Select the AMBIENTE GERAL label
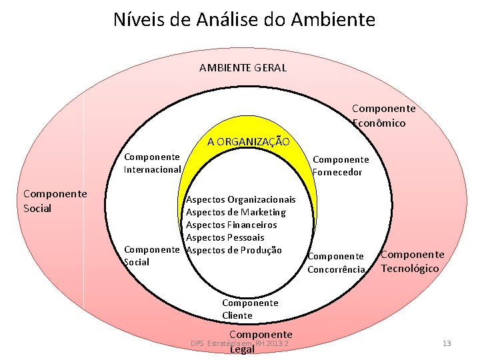[x=243, y=67]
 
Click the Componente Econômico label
[x=383, y=115]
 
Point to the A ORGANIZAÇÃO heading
[x=248, y=141]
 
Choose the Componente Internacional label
[x=152, y=163]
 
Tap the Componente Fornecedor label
[x=340, y=166]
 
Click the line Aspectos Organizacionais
[x=241, y=199]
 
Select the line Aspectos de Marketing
[x=235, y=212]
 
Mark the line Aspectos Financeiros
[x=231, y=225]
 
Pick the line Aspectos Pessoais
[x=225, y=237]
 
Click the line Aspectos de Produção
[x=233, y=250]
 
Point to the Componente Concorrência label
[x=336, y=263]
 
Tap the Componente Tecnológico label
[x=412, y=261]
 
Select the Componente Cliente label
[x=249, y=309]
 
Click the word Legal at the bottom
[x=242, y=349]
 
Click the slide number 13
[x=446, y=343]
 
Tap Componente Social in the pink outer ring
[x=55, y=201]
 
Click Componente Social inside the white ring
[x=152, y=256]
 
